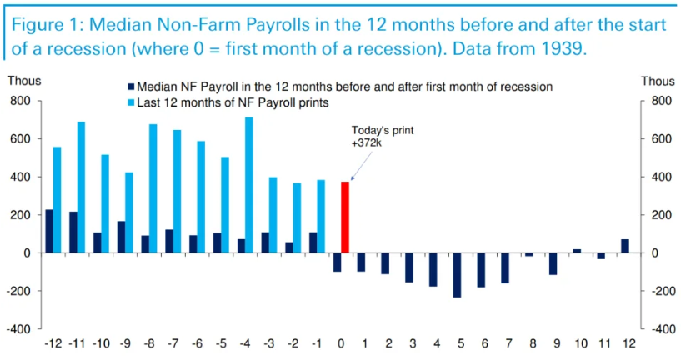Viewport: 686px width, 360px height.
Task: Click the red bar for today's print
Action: pyautogui.click(x=345, y=217)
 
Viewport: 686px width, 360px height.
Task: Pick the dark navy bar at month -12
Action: pyautogui.click(x=49, y=231)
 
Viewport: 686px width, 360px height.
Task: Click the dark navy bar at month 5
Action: pyautogui.click(x=457, y=274)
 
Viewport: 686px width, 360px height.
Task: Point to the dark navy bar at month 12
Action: pyautogui.click(x=624, y=246)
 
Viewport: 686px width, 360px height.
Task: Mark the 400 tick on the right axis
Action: pyautogui.click(x=658, y=177)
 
